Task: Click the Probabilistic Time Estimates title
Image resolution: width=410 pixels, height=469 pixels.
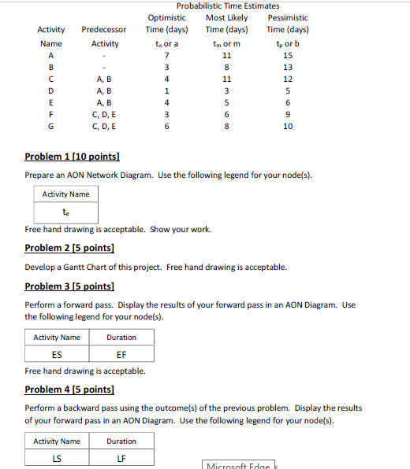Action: click(228, 6)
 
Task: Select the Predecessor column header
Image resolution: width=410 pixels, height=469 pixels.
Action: click(104, 30)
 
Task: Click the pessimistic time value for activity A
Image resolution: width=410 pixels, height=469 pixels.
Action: click(288, 56)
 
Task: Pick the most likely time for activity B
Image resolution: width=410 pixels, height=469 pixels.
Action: click(226, 68)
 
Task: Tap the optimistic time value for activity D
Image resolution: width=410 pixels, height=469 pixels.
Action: click(166, 90)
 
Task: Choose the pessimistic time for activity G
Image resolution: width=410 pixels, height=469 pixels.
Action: click(288, 126)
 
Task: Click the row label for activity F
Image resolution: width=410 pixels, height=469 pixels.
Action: click(51, 114)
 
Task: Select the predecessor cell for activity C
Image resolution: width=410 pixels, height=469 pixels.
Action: click(104, 79)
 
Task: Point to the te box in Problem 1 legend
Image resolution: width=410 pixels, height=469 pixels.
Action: click(66, 212)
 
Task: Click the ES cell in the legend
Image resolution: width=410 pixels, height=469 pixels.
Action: click(57, 354)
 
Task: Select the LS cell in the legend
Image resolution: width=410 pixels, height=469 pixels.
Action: click(57, 458)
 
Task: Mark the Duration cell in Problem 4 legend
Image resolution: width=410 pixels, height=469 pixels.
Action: click(121, 441)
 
